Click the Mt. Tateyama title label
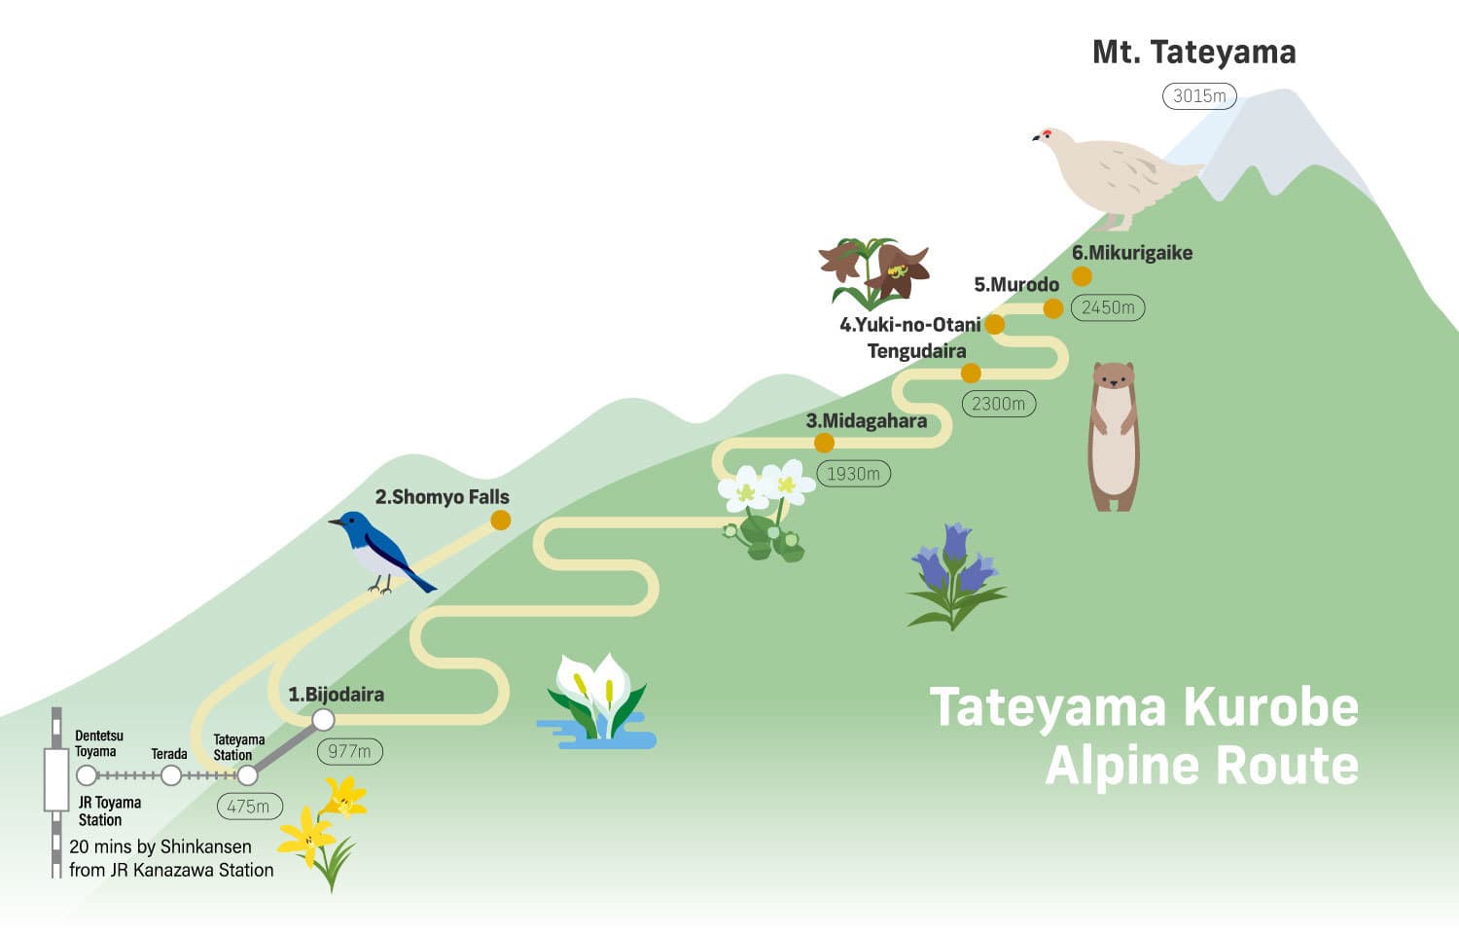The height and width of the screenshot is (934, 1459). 1193,53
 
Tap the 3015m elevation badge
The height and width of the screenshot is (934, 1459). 1199,96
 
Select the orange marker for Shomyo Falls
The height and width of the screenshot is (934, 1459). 500,521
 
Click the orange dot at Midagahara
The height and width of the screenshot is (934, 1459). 824,443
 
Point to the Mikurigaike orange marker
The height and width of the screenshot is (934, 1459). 1082,276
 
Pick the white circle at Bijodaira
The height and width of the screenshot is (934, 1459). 323,720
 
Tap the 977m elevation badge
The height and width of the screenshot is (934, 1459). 350,752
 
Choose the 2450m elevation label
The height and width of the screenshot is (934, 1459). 1108,307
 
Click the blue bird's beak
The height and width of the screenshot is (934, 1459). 335,521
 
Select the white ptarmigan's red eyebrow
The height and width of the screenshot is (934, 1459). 1047,133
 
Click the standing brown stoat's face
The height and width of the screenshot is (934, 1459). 1114,377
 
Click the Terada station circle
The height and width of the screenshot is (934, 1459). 170,775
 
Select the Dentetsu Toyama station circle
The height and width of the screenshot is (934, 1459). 87,775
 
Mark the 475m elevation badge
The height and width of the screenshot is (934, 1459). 250,807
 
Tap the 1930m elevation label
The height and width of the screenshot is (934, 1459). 853,474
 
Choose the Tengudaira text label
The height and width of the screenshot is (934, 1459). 916,352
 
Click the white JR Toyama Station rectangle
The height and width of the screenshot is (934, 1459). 56,780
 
